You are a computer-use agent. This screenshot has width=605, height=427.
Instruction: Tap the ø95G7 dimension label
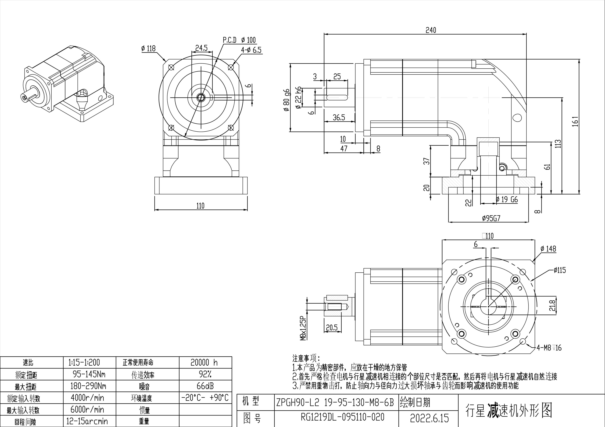(491, 218)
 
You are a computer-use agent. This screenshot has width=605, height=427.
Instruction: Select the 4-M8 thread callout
(549, 348)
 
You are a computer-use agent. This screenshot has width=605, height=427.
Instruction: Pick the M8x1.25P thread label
(304, 329)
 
